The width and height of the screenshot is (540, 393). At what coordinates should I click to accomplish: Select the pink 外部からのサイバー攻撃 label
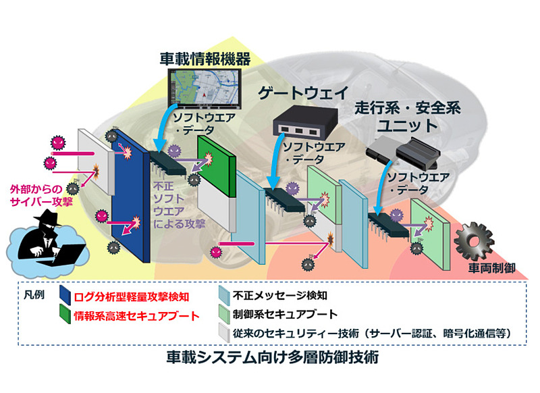point(38,195)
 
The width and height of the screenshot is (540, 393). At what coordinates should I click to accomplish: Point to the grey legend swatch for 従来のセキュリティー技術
point(224,332)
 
